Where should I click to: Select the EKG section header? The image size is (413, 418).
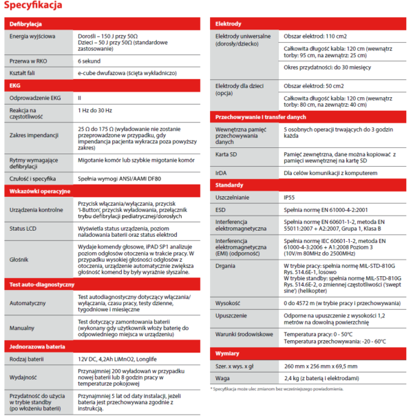tap(14, 85)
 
